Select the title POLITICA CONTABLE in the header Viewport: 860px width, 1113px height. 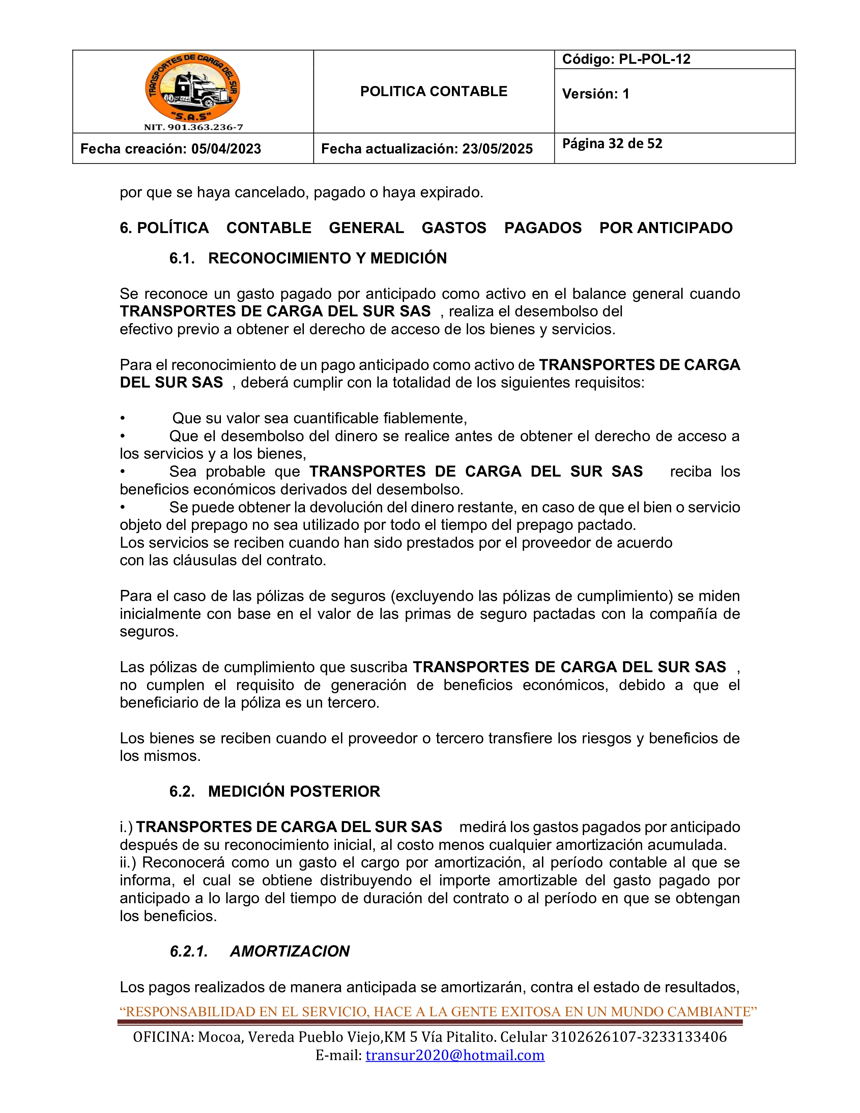pyautogui.click(x=434, y=92)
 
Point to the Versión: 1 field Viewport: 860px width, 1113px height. pyautogui.click(x=596, y=94)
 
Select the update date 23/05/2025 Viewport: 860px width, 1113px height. pyautogui.click(x=497, y=149)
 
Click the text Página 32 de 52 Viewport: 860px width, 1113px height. pyautogui.click(x=612, y=144)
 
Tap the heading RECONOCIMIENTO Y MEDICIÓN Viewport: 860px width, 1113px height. pyautogui.click(x=327, y=258)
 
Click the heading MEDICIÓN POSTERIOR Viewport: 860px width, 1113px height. pyautogui.click(x=294, y=792)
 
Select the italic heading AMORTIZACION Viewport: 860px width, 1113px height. pyautogui.click(x=289, y=951)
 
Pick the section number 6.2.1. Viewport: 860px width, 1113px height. pyautogui.click(x=189, y=951)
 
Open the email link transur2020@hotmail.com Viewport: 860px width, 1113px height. pyautogui.click(x=455, y=1055)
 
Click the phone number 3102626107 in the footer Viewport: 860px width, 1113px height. pyautogui.click(x=594, y=1037)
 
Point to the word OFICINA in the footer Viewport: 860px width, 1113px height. pyautogui.click(x=163, y=1037)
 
